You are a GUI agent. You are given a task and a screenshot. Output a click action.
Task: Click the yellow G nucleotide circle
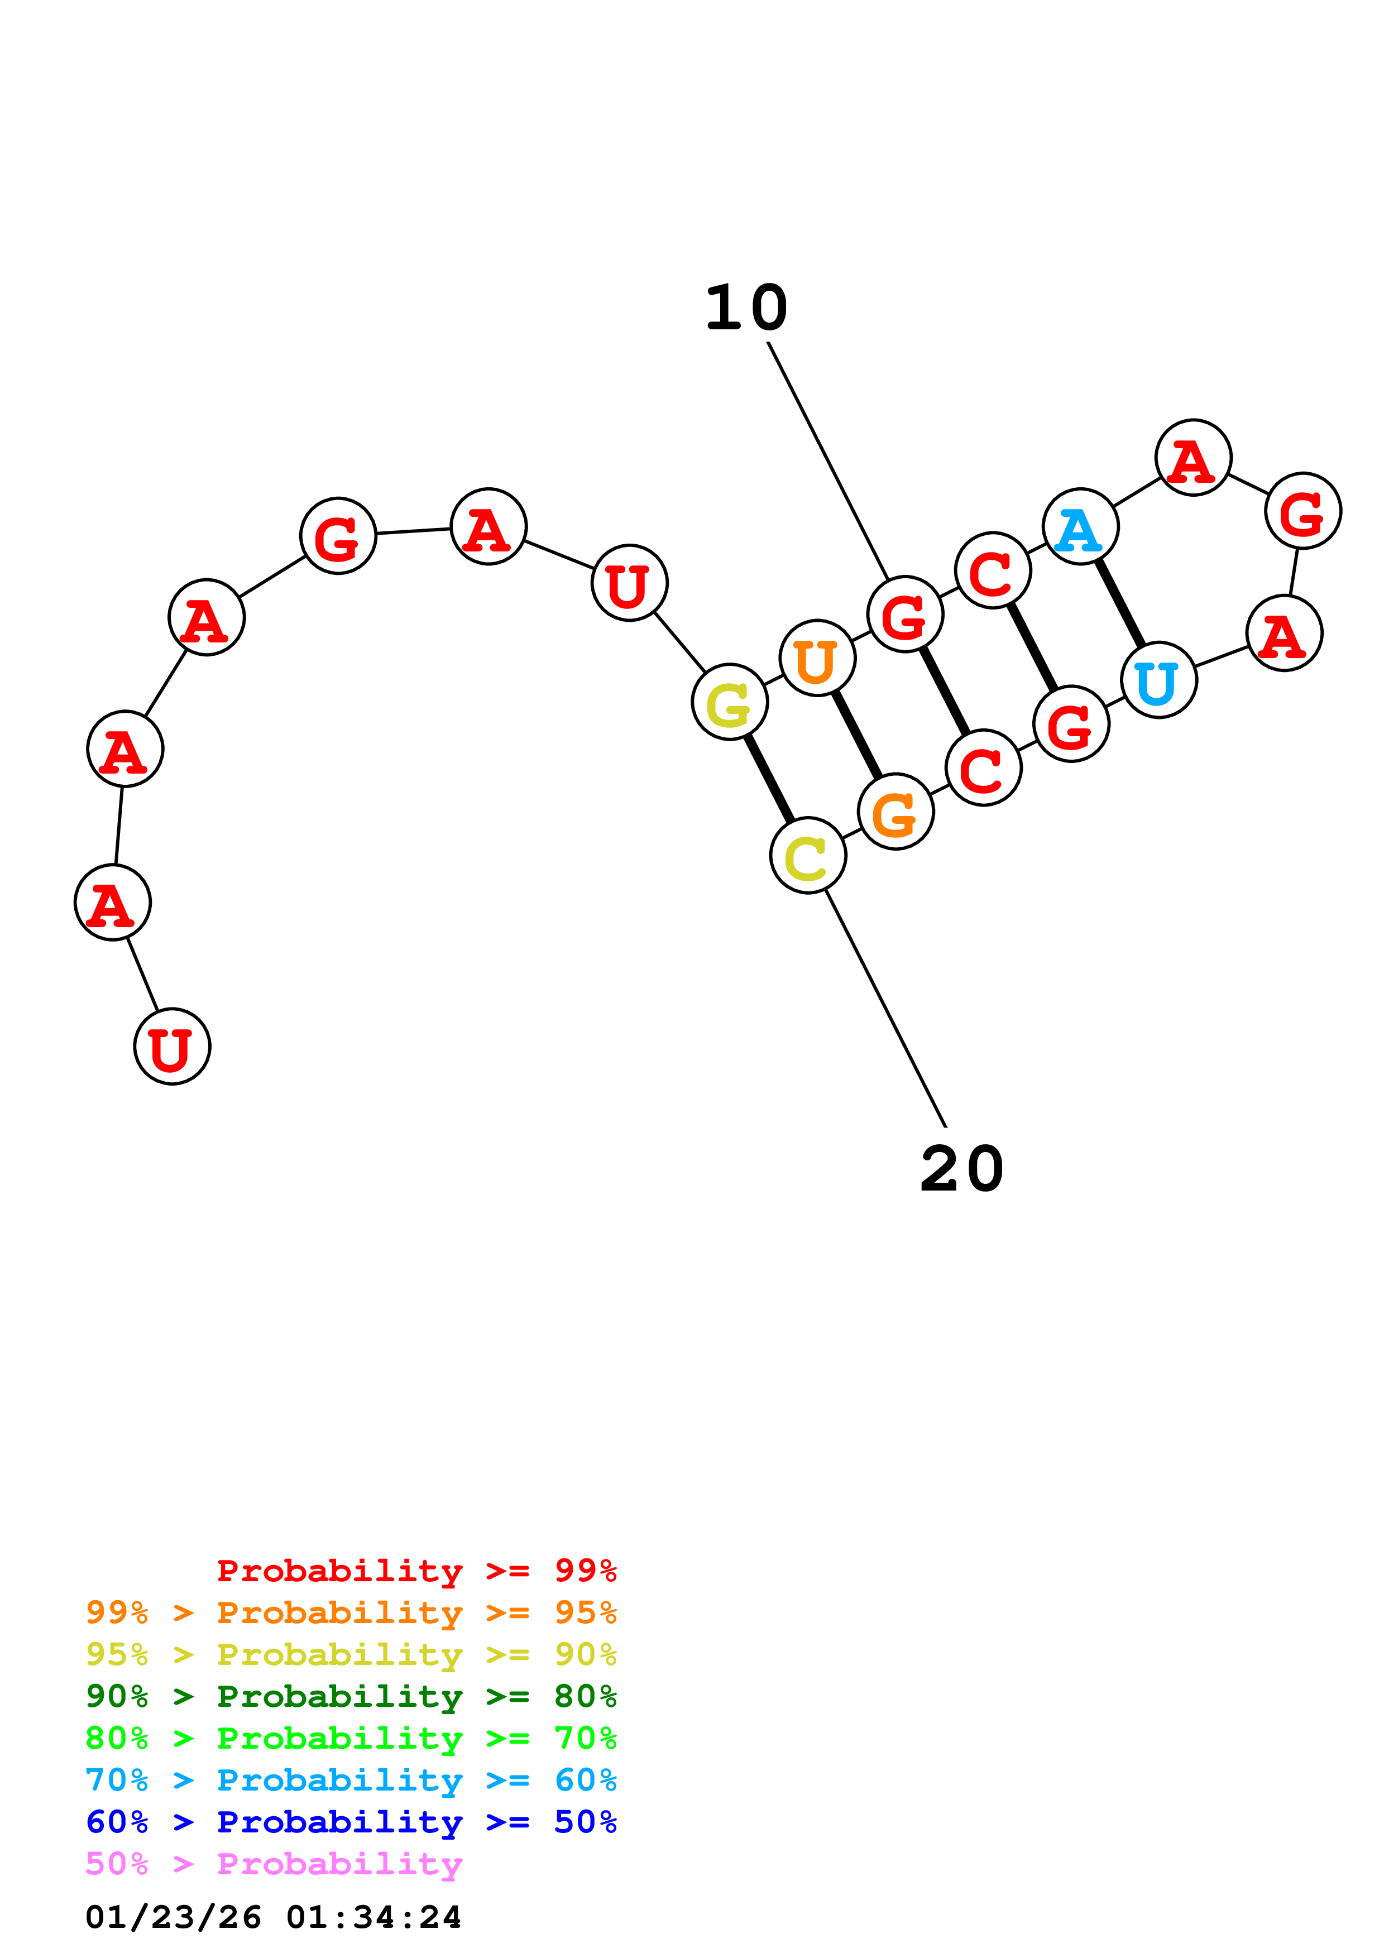729,702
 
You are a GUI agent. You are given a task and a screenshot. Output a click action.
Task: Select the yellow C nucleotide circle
807,855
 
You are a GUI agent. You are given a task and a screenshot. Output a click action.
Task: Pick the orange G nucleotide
895,812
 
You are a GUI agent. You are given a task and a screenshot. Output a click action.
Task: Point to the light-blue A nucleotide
1080,526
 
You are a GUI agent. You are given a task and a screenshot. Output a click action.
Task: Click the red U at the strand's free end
173,1047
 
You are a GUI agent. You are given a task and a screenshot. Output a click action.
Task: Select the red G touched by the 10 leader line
905,614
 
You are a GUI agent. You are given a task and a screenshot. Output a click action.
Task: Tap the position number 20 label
962,1169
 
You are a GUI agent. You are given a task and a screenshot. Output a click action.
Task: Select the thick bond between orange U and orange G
856,735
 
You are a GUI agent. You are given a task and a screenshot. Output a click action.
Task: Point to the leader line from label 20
887,1011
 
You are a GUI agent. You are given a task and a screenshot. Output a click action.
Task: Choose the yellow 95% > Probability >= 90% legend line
351,1654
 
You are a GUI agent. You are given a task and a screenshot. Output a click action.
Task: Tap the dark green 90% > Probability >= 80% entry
351,1696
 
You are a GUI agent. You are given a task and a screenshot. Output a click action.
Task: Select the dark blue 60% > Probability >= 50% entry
351,1822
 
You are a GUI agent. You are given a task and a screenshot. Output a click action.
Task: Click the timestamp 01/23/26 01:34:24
274,1917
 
